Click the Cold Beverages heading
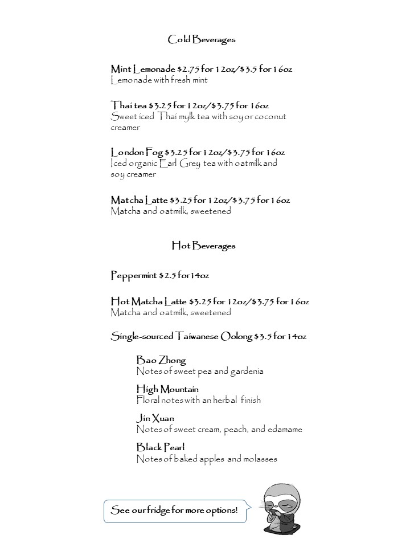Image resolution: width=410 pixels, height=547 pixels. tap(201, 39)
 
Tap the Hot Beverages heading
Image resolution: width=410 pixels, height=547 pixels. tap(203, 246)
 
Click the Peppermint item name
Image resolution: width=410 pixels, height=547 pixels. tap(133, 276)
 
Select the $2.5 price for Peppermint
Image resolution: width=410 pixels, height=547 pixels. tap(167, 276)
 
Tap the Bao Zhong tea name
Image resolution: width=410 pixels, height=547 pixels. tap(161, 360)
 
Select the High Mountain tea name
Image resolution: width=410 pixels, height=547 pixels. tap(167, 389)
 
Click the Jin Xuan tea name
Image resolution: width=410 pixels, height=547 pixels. tap(155, 418)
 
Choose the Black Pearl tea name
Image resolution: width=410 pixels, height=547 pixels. tap(160, 447)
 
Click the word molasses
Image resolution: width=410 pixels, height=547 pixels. tap(260, 458)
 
